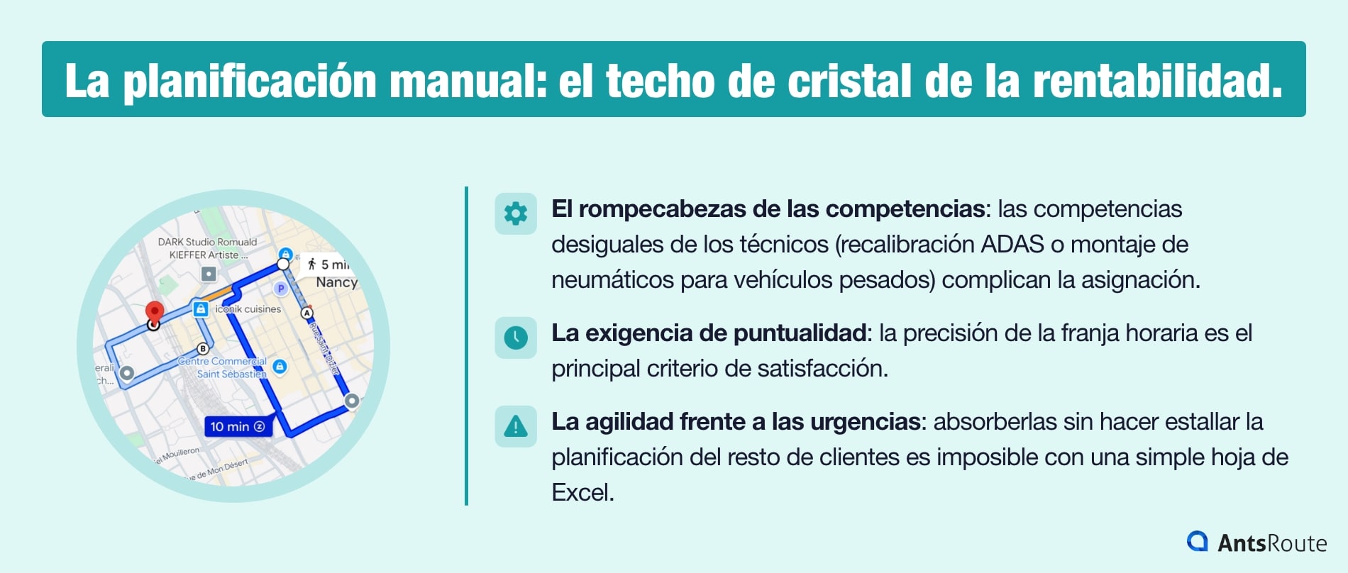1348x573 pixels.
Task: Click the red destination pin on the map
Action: coord(154,311)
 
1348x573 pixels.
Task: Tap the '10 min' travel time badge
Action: coord(238,426)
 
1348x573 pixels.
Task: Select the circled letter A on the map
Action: coord(307,313)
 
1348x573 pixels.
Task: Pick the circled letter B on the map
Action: coord(203,348)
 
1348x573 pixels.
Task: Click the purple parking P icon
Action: coord(281,289)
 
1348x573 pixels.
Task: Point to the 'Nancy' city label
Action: coord(336,282)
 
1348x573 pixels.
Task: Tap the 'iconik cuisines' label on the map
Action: coord(248,309)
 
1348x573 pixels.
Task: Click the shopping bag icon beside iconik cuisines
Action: coord(201,308)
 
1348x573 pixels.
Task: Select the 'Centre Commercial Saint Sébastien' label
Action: coord(223,367)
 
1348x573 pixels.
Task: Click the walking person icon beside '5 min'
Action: coord(311,264)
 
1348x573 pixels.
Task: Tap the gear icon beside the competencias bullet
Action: coord(516,213)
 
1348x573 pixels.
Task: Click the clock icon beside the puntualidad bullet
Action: coord(516,337)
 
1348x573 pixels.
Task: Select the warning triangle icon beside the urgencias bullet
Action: coord(516,425)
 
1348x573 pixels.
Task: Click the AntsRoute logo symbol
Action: coord(1198,542)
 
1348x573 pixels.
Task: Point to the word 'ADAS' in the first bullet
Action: coord(1012,245)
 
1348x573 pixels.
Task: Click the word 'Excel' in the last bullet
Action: coord(582,493)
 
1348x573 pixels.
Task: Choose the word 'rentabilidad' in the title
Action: coord(1156,80)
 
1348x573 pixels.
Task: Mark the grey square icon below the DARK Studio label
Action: coord(209,273)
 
